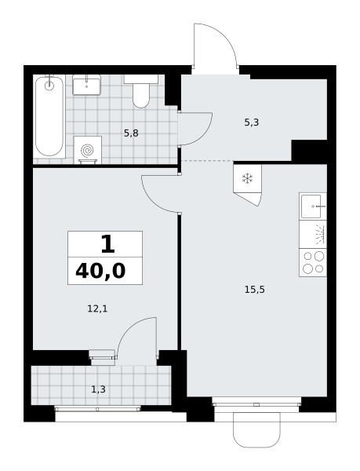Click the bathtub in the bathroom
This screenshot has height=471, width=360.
point(49,116)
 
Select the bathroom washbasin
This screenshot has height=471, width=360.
point(87,85)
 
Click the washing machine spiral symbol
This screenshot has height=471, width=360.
point(88,150)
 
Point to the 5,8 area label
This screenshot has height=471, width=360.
point(131,133)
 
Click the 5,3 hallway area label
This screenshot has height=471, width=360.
point(252,122)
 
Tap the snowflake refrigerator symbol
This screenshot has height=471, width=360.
point(248,178)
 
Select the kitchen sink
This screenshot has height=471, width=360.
point(313,206)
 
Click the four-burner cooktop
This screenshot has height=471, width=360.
point(313,262)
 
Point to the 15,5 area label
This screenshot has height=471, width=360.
point(255,290)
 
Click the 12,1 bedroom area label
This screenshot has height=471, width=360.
point(97,309)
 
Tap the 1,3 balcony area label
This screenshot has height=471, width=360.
point(98,389)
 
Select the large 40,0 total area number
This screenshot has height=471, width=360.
point(100,271)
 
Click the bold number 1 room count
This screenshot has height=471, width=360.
point(107,244)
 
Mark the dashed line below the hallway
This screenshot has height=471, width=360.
point(207,161)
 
